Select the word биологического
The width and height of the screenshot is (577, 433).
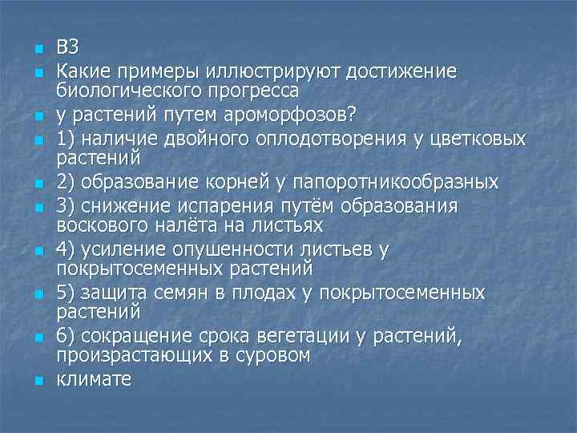click(x=136, y=87)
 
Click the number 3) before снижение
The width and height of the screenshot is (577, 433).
click(x=66, y=207)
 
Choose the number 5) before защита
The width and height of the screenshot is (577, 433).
click(x=66, y=293)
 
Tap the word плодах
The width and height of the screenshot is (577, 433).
click(x=264, y=293)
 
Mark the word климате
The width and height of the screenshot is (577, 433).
click(x=93, y=379)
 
